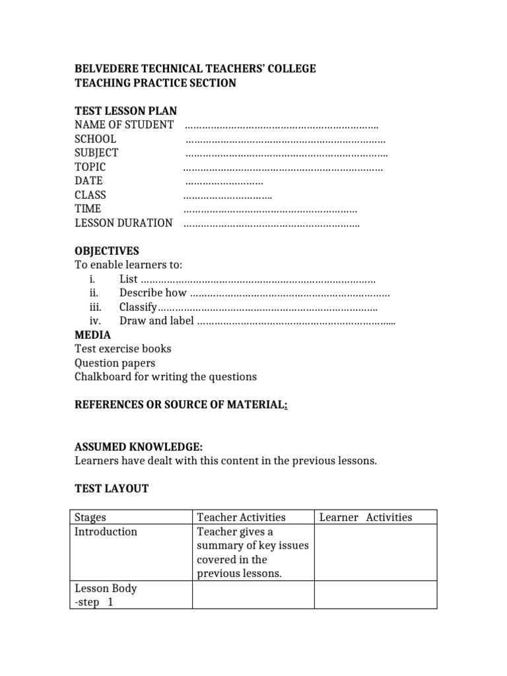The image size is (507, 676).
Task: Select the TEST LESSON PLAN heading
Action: pos(125,111)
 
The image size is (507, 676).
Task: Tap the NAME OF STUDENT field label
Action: pos(124,125)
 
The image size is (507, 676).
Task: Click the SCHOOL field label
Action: pos(95,139)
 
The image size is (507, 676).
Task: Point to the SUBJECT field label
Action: pos(96,152)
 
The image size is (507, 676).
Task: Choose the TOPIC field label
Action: pos(90,167)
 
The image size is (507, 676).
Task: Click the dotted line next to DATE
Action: pos(224,181)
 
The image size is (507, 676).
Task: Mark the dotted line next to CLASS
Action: pos(227,195)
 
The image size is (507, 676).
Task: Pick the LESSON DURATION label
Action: pos(123,223)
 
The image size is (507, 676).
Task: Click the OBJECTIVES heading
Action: pos(107,251)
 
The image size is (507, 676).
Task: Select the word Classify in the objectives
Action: pos(137,307)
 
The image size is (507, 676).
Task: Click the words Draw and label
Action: pos(156,321)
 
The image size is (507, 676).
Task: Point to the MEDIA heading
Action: pos(92,335)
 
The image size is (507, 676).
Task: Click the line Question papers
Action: pos(115,363)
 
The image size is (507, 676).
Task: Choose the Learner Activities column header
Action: pos(365,517)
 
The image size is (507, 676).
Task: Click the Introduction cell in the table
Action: pos(106,531)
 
